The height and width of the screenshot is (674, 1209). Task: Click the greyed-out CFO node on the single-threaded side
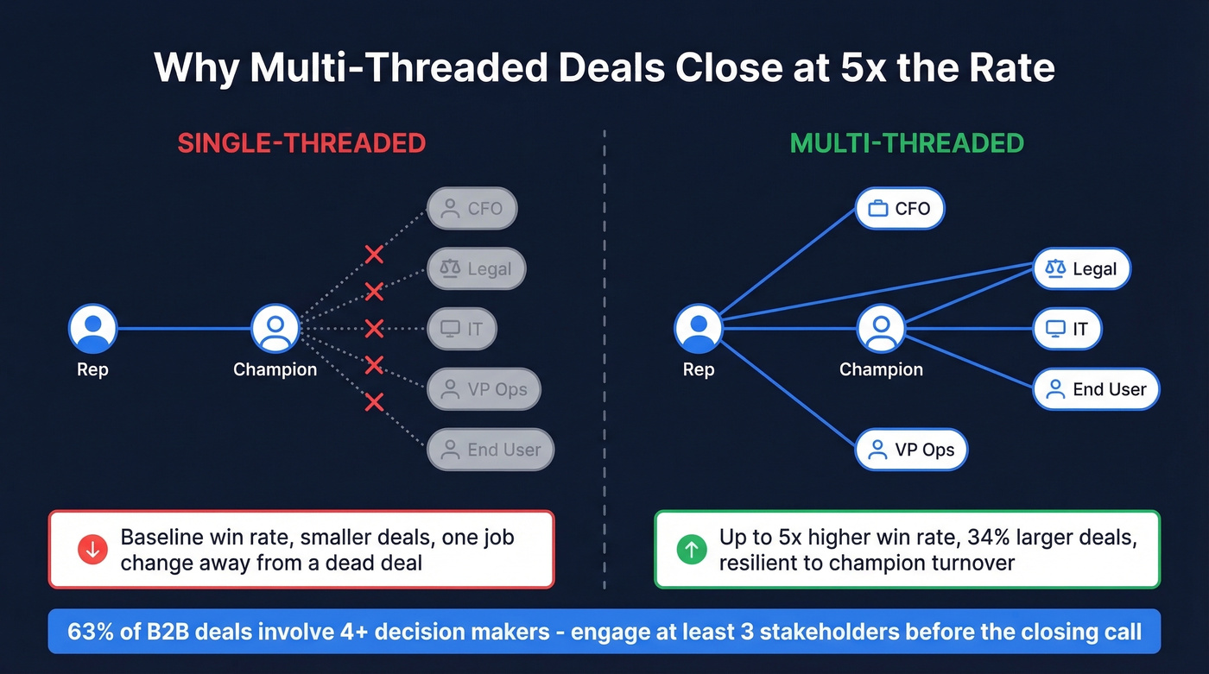(472, 208)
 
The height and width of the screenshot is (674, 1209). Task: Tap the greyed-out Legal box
(477, 269)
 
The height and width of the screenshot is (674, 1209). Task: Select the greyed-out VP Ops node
(484, 389)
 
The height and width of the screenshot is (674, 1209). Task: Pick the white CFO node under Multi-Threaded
(899, 208)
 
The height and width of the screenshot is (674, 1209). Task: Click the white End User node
(1096, 389)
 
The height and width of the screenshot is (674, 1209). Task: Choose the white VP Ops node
(911, 450)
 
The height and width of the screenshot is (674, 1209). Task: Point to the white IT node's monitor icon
(1055, 329)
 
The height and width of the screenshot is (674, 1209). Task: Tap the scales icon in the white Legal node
(1055, 268)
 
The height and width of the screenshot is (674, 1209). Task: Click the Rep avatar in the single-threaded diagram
(92, 329)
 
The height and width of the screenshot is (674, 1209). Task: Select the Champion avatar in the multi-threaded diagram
(881, 329)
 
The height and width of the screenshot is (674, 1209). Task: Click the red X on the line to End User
(374, 401)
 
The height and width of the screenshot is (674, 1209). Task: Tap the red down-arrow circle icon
(92, 550)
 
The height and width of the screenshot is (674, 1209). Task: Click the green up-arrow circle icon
(691, 550)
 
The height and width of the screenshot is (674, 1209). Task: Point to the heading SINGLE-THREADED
(301, 142)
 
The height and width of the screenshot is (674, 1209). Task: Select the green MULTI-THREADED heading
(907, 142)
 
